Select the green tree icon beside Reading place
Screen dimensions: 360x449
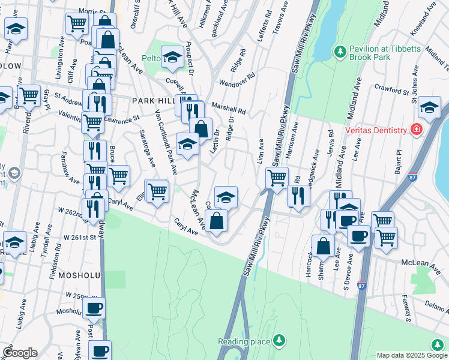278,341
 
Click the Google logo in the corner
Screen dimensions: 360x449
20,353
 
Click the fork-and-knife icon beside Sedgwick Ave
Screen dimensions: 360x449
297,194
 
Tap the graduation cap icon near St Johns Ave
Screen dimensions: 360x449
429,107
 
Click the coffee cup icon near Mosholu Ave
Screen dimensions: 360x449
93,308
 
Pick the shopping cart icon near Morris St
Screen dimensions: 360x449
77,23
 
